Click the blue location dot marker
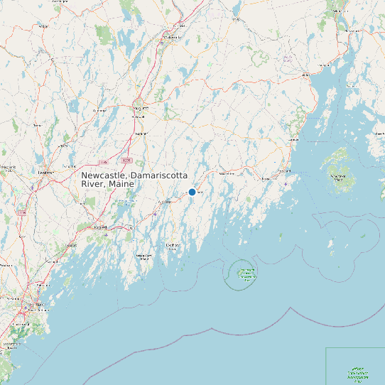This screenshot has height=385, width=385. (192, 192)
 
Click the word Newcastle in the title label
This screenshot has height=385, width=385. (103, 175)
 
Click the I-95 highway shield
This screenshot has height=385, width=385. (103, 152)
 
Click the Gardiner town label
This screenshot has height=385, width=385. (141, 133)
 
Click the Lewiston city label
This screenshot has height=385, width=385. (46, 172)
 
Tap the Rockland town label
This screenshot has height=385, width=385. (283, 171)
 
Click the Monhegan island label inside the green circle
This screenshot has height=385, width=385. (247, 274)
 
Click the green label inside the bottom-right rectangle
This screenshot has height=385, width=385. (357, 373)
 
